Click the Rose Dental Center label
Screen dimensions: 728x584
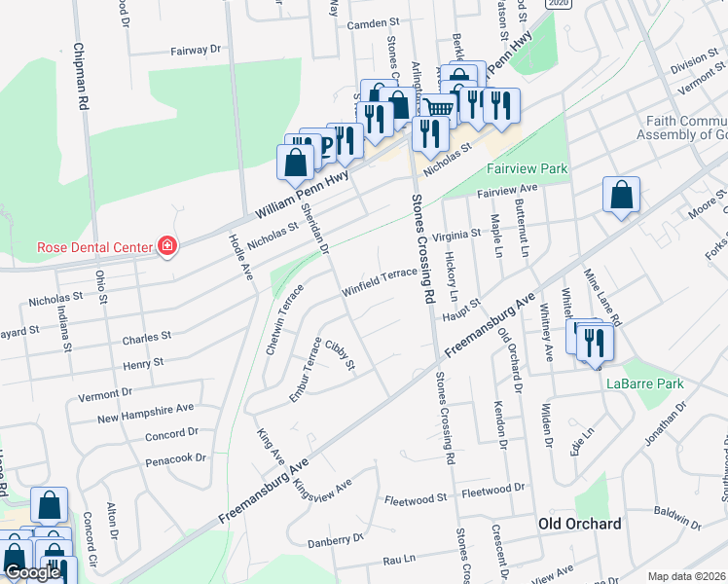93,246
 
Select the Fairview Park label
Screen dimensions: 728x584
527,168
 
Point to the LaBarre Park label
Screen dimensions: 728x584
645,383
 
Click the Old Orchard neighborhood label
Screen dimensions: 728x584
580,524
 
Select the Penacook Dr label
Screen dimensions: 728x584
175,456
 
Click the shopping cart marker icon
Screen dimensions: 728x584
439,108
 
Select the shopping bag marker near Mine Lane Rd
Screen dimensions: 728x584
621,196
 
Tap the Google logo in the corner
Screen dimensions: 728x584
32,572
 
